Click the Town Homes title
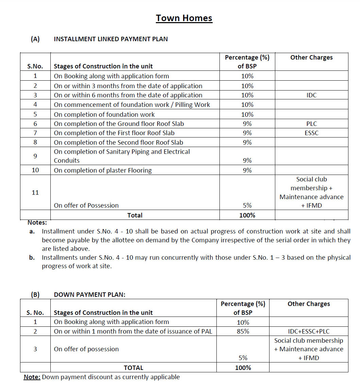(x=184, y=18)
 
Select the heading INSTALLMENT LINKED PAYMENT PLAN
(x=111, y=39)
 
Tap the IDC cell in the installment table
(x=311, y=95)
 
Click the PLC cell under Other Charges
(x=311, y=124)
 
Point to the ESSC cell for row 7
(x=311, y=133)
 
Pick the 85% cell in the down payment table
(x=243, y=331)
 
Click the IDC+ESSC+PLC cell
(x=309, y=331)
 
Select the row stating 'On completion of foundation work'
(x=104, y=114)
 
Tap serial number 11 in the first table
(x=35, y=193)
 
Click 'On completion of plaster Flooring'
(x=103, y=170)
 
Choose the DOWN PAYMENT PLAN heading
(x=89, y=295)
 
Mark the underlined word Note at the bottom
(x=32, y=377)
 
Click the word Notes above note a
(x=37, y=223)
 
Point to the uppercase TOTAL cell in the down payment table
(x=133, y=368)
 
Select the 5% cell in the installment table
(x=247, y=205)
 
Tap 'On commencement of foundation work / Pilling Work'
(x=132, y=105)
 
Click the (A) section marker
(x=35, y=39)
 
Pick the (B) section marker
(x=35, y=295)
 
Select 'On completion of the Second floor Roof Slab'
(x=118, y=143)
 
